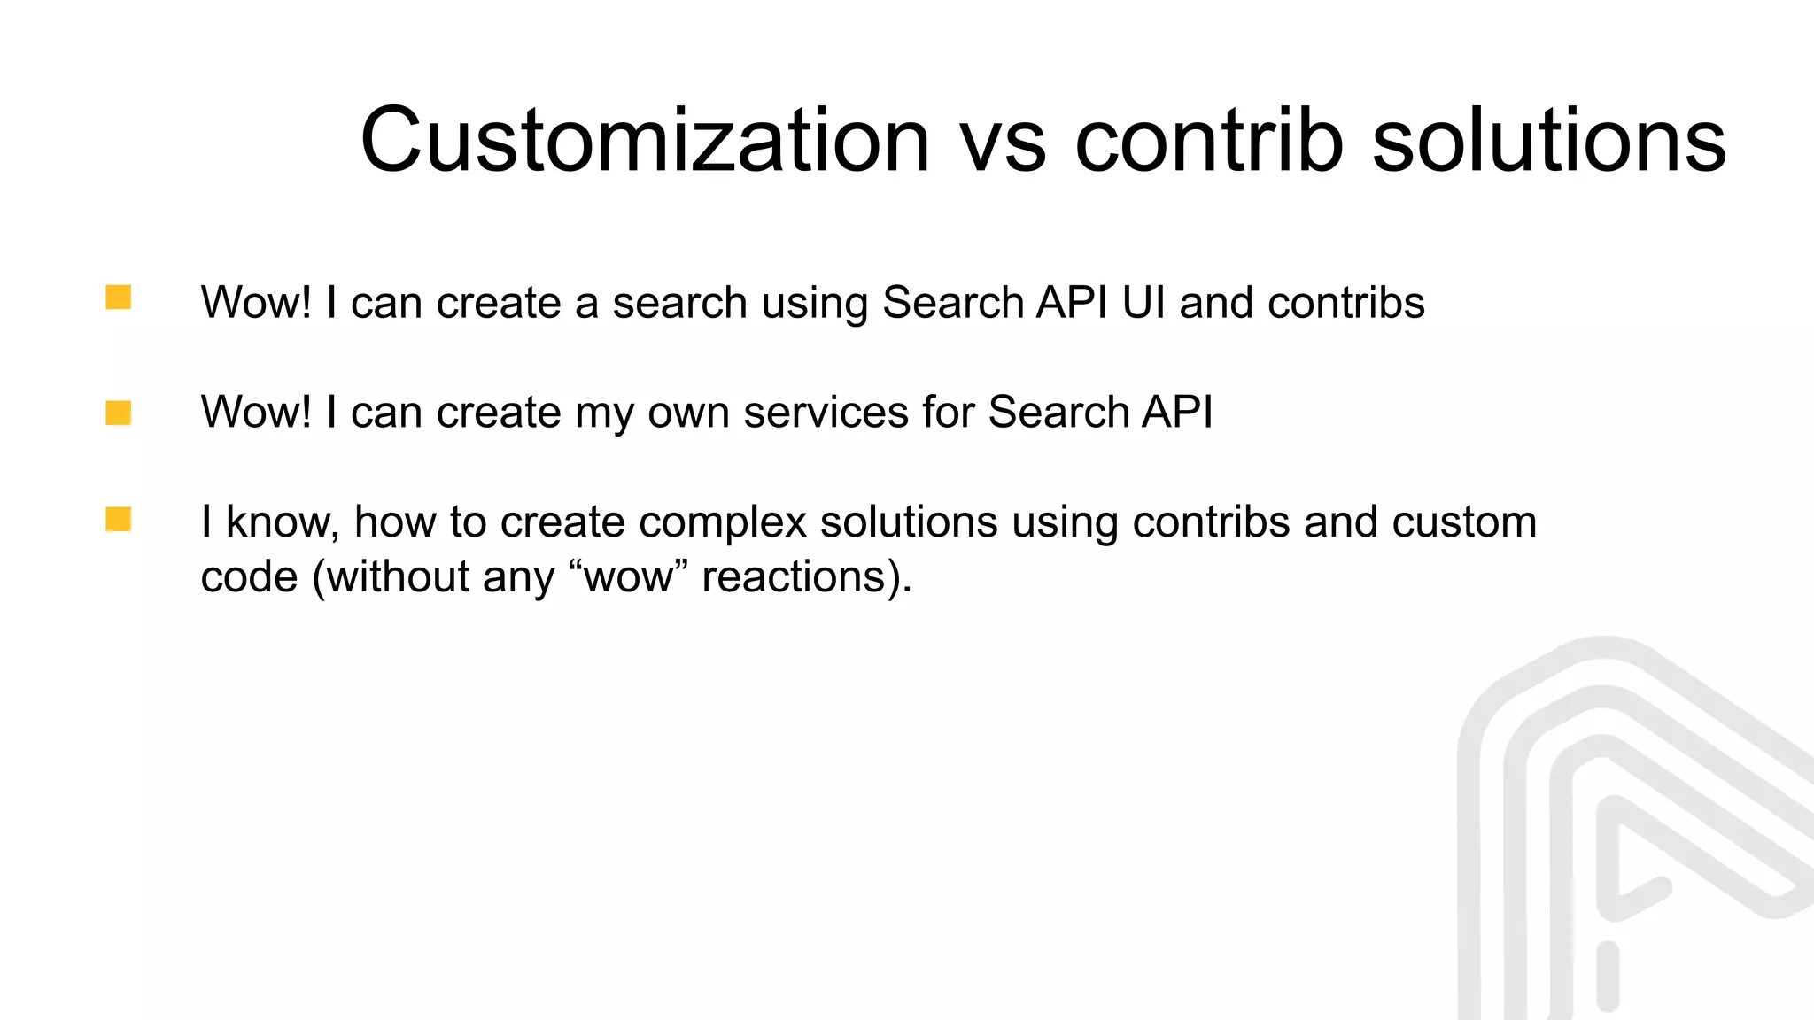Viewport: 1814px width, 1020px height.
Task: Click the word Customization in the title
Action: coord(645,142)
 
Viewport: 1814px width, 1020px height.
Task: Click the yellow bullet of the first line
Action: coord(118,297)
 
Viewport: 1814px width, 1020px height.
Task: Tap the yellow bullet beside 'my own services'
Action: coord(118,413)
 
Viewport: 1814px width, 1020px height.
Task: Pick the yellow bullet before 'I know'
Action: coord(118,519)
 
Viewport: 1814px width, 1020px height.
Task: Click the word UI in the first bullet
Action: coord(1143,303)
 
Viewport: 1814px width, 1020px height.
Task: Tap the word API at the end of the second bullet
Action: coord(1177,413)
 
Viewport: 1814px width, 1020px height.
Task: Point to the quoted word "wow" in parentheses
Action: coord(628,577)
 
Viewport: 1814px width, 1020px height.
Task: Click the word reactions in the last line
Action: coord(794,577)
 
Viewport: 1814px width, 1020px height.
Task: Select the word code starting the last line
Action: coord(249,577)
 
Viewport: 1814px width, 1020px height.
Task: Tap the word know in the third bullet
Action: coord(283,522)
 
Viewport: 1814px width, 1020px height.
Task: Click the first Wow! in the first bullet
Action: coord(256,303)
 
